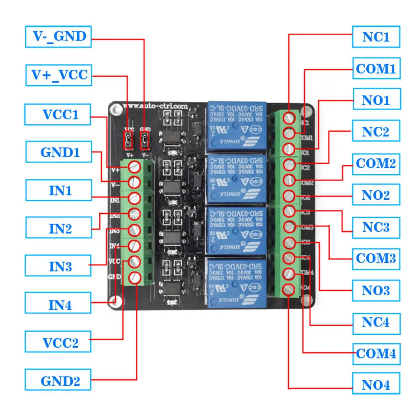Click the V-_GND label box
[58, 37]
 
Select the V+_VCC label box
[58, 75]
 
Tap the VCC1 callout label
[58, 114]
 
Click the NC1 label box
[376, 37]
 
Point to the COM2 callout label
[376, 163]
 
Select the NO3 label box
[376, 290]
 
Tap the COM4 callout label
[376, 353]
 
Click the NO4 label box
[376, 385]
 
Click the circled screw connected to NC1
[290, 117]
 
